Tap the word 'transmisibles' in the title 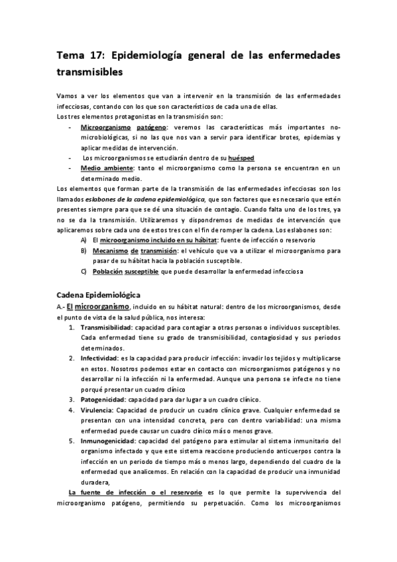pos(90,70)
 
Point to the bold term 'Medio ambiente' pos(103,168)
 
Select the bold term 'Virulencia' pos(96,410)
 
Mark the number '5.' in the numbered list pos(72,441)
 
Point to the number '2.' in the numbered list pos(72,358)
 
